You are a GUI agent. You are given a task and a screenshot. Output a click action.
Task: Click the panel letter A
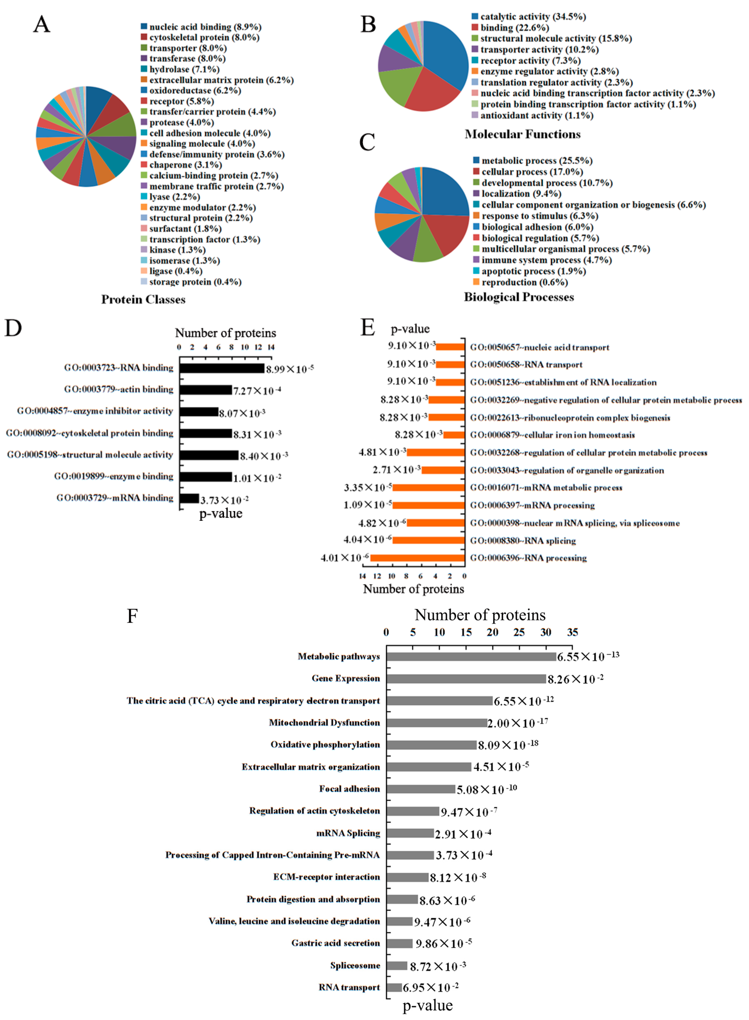click(x=42, y=24)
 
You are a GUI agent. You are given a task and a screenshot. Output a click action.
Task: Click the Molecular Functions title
click(x=522, y=134)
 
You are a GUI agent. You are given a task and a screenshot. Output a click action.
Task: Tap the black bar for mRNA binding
click(x=189, y=498)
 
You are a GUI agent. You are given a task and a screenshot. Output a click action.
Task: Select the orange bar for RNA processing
click(x=417, y=558)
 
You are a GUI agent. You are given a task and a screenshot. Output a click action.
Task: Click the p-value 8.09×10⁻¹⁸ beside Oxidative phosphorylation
click(x=508, y=745)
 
